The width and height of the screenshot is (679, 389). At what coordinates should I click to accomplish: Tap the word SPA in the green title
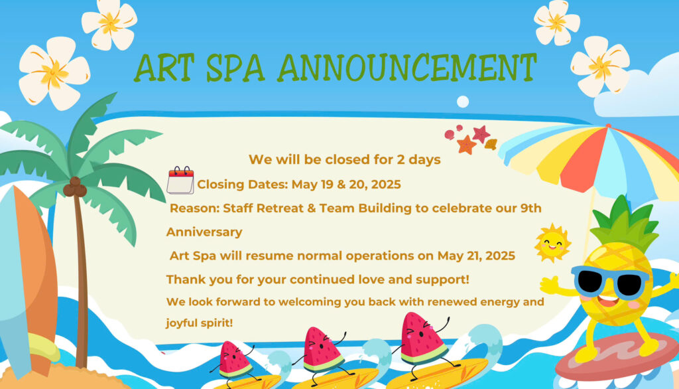coord(235,68)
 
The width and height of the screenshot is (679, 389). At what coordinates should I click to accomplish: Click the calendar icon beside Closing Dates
coord(180,180)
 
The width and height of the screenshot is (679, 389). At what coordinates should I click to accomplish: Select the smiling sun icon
coord(552,243)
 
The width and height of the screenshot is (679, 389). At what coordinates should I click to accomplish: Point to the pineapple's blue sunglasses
coord(610,282)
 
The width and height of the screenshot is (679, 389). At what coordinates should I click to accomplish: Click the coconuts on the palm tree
coord(75,187)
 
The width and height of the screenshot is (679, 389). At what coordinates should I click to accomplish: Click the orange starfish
coord(466,145)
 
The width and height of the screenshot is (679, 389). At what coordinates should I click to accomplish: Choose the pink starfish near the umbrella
coord(481,133)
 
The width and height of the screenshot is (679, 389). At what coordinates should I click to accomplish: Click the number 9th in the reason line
coord(530,208)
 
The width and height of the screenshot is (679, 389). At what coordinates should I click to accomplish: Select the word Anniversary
coord(204,232)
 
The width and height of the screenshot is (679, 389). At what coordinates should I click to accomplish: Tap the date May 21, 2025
coord(476,256)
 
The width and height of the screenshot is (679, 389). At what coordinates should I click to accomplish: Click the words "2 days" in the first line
coord(419,159)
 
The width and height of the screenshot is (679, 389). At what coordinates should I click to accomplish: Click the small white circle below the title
coord(463,102)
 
